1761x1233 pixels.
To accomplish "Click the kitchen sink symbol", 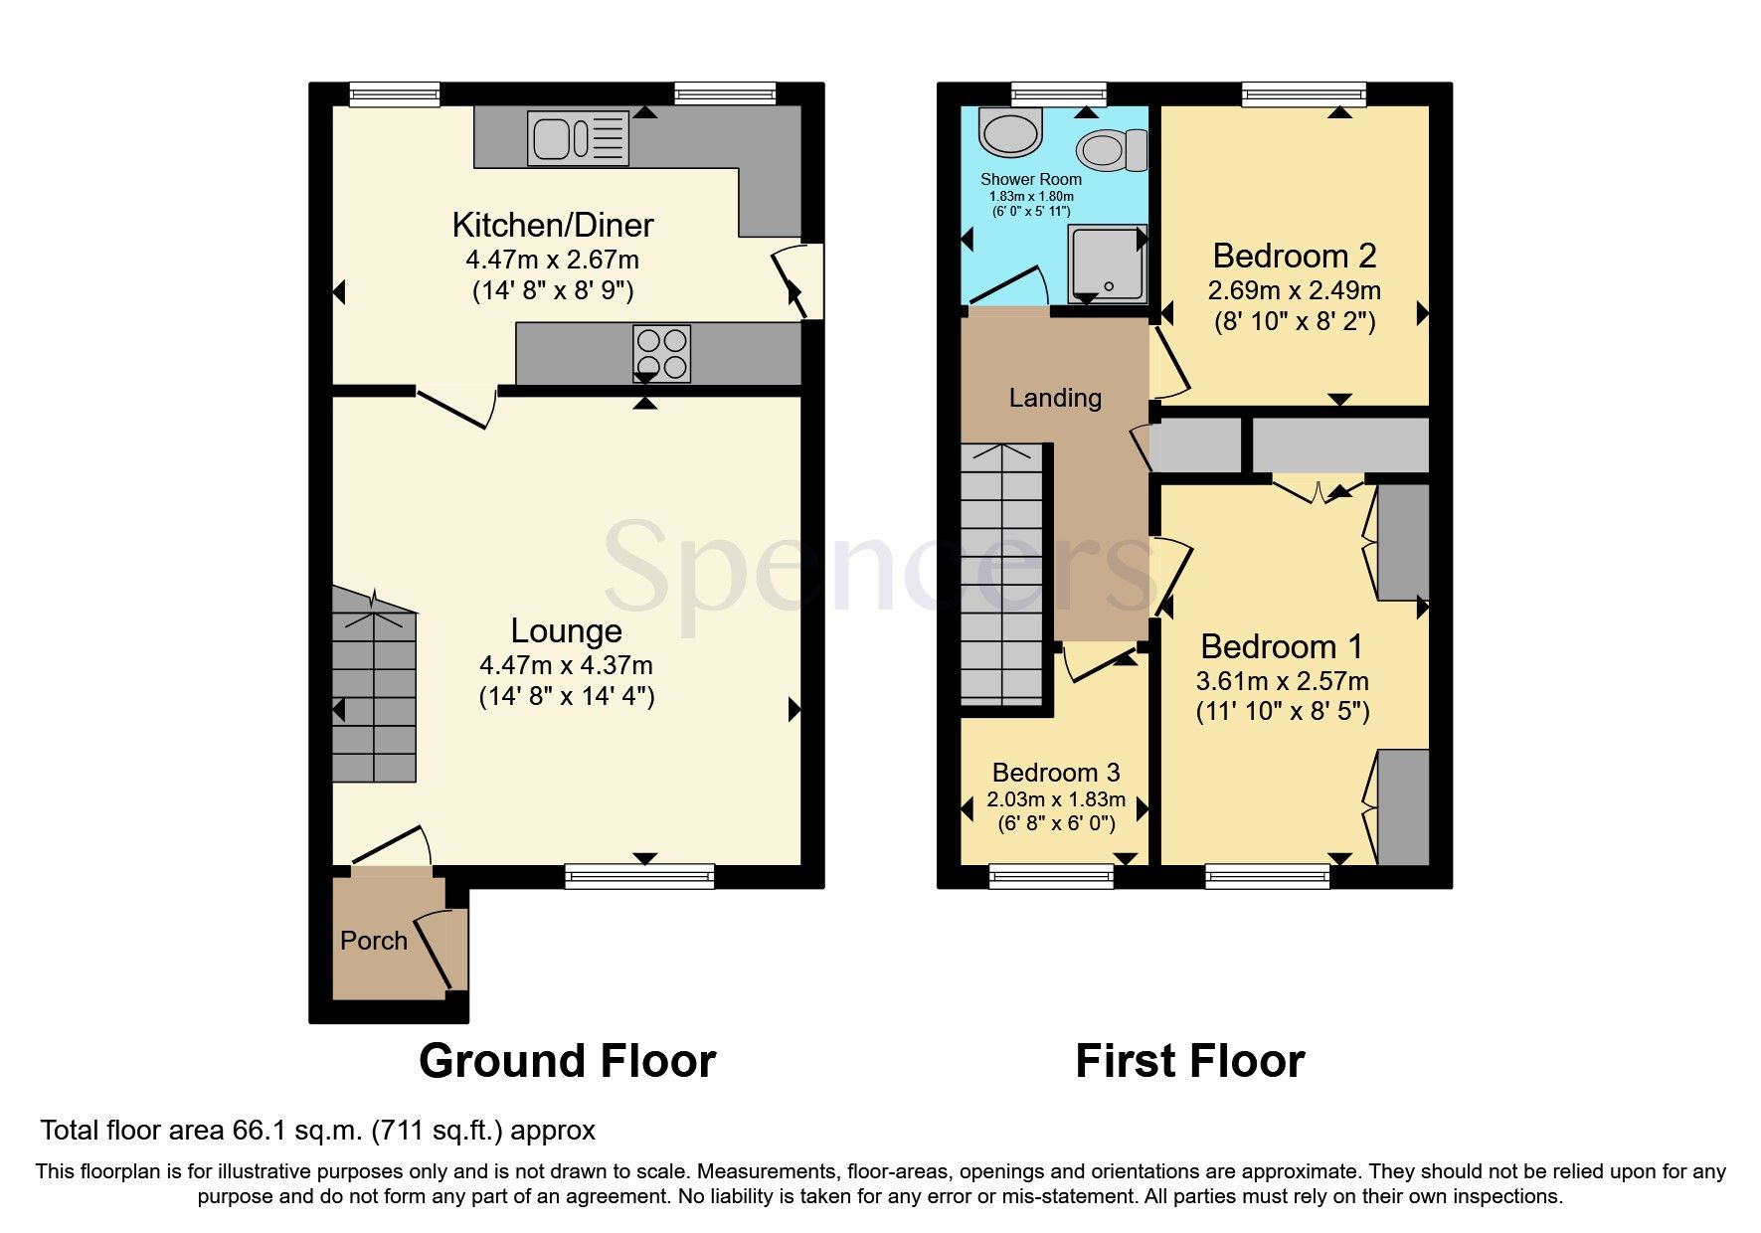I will point(580,137).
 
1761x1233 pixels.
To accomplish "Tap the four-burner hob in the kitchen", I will point(661,353).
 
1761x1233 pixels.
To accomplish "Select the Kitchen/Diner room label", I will point(552,225).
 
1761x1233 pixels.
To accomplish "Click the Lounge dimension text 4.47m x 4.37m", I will point(566,665).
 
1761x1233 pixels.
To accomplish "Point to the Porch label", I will point(374,941).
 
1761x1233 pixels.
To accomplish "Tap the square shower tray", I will point(1106,264).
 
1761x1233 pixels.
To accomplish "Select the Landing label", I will point(1055,398).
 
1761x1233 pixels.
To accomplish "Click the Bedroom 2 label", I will point(1294,256).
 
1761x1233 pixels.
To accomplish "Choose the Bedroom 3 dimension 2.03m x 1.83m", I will point(1056,799).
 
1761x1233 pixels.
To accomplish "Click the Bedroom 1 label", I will point(1282,646).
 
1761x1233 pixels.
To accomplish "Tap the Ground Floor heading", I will point(567,1061).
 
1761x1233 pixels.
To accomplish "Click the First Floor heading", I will point(1189,1061).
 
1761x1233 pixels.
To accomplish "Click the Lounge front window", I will point(639,875).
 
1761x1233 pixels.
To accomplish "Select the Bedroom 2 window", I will point(1304,94).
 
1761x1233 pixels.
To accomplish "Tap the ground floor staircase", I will point(373,696).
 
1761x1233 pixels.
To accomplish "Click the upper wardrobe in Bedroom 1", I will point(1402,542).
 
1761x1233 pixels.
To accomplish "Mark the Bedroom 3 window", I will point(1051,875).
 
